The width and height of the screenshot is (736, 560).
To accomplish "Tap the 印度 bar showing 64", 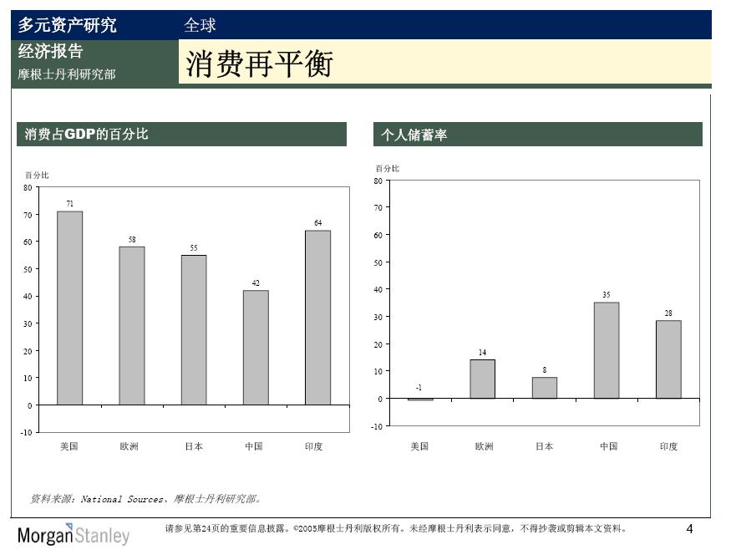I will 317,318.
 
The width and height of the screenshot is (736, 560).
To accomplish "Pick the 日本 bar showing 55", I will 194,329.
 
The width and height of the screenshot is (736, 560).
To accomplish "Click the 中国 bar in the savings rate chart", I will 607,350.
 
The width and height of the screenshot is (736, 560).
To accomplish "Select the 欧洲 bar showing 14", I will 483,379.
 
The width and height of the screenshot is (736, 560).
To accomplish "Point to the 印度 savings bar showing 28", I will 668,359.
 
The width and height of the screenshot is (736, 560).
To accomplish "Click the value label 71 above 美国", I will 70,203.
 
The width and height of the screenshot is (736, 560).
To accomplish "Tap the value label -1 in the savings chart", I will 419,388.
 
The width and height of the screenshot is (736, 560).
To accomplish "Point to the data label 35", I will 607,294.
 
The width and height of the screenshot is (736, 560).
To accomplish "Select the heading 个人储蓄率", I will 414,135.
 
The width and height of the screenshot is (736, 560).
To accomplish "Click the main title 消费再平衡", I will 259,64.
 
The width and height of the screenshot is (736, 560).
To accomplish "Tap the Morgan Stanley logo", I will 74,535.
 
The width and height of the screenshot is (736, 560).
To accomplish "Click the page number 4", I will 689,529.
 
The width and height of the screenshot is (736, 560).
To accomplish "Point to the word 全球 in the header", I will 200,25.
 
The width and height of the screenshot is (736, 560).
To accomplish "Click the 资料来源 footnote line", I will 146,499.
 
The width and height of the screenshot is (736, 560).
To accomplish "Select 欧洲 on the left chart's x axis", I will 129,446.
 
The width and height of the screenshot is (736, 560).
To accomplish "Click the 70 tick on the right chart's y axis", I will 378,207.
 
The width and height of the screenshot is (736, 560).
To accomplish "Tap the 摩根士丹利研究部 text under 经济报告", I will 67,74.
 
